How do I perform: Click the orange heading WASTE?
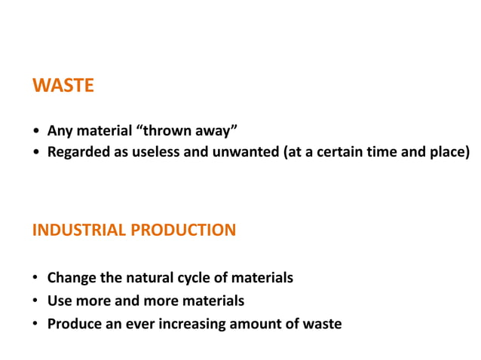[x=63, y=86]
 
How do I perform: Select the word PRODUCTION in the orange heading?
[x=183, y=230]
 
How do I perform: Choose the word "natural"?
[x=155, y=278]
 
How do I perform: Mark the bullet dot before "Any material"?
[x=36, y=131]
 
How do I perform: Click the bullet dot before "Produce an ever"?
[x=36, y=325]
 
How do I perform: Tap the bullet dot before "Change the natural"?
[x=36, y=279]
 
